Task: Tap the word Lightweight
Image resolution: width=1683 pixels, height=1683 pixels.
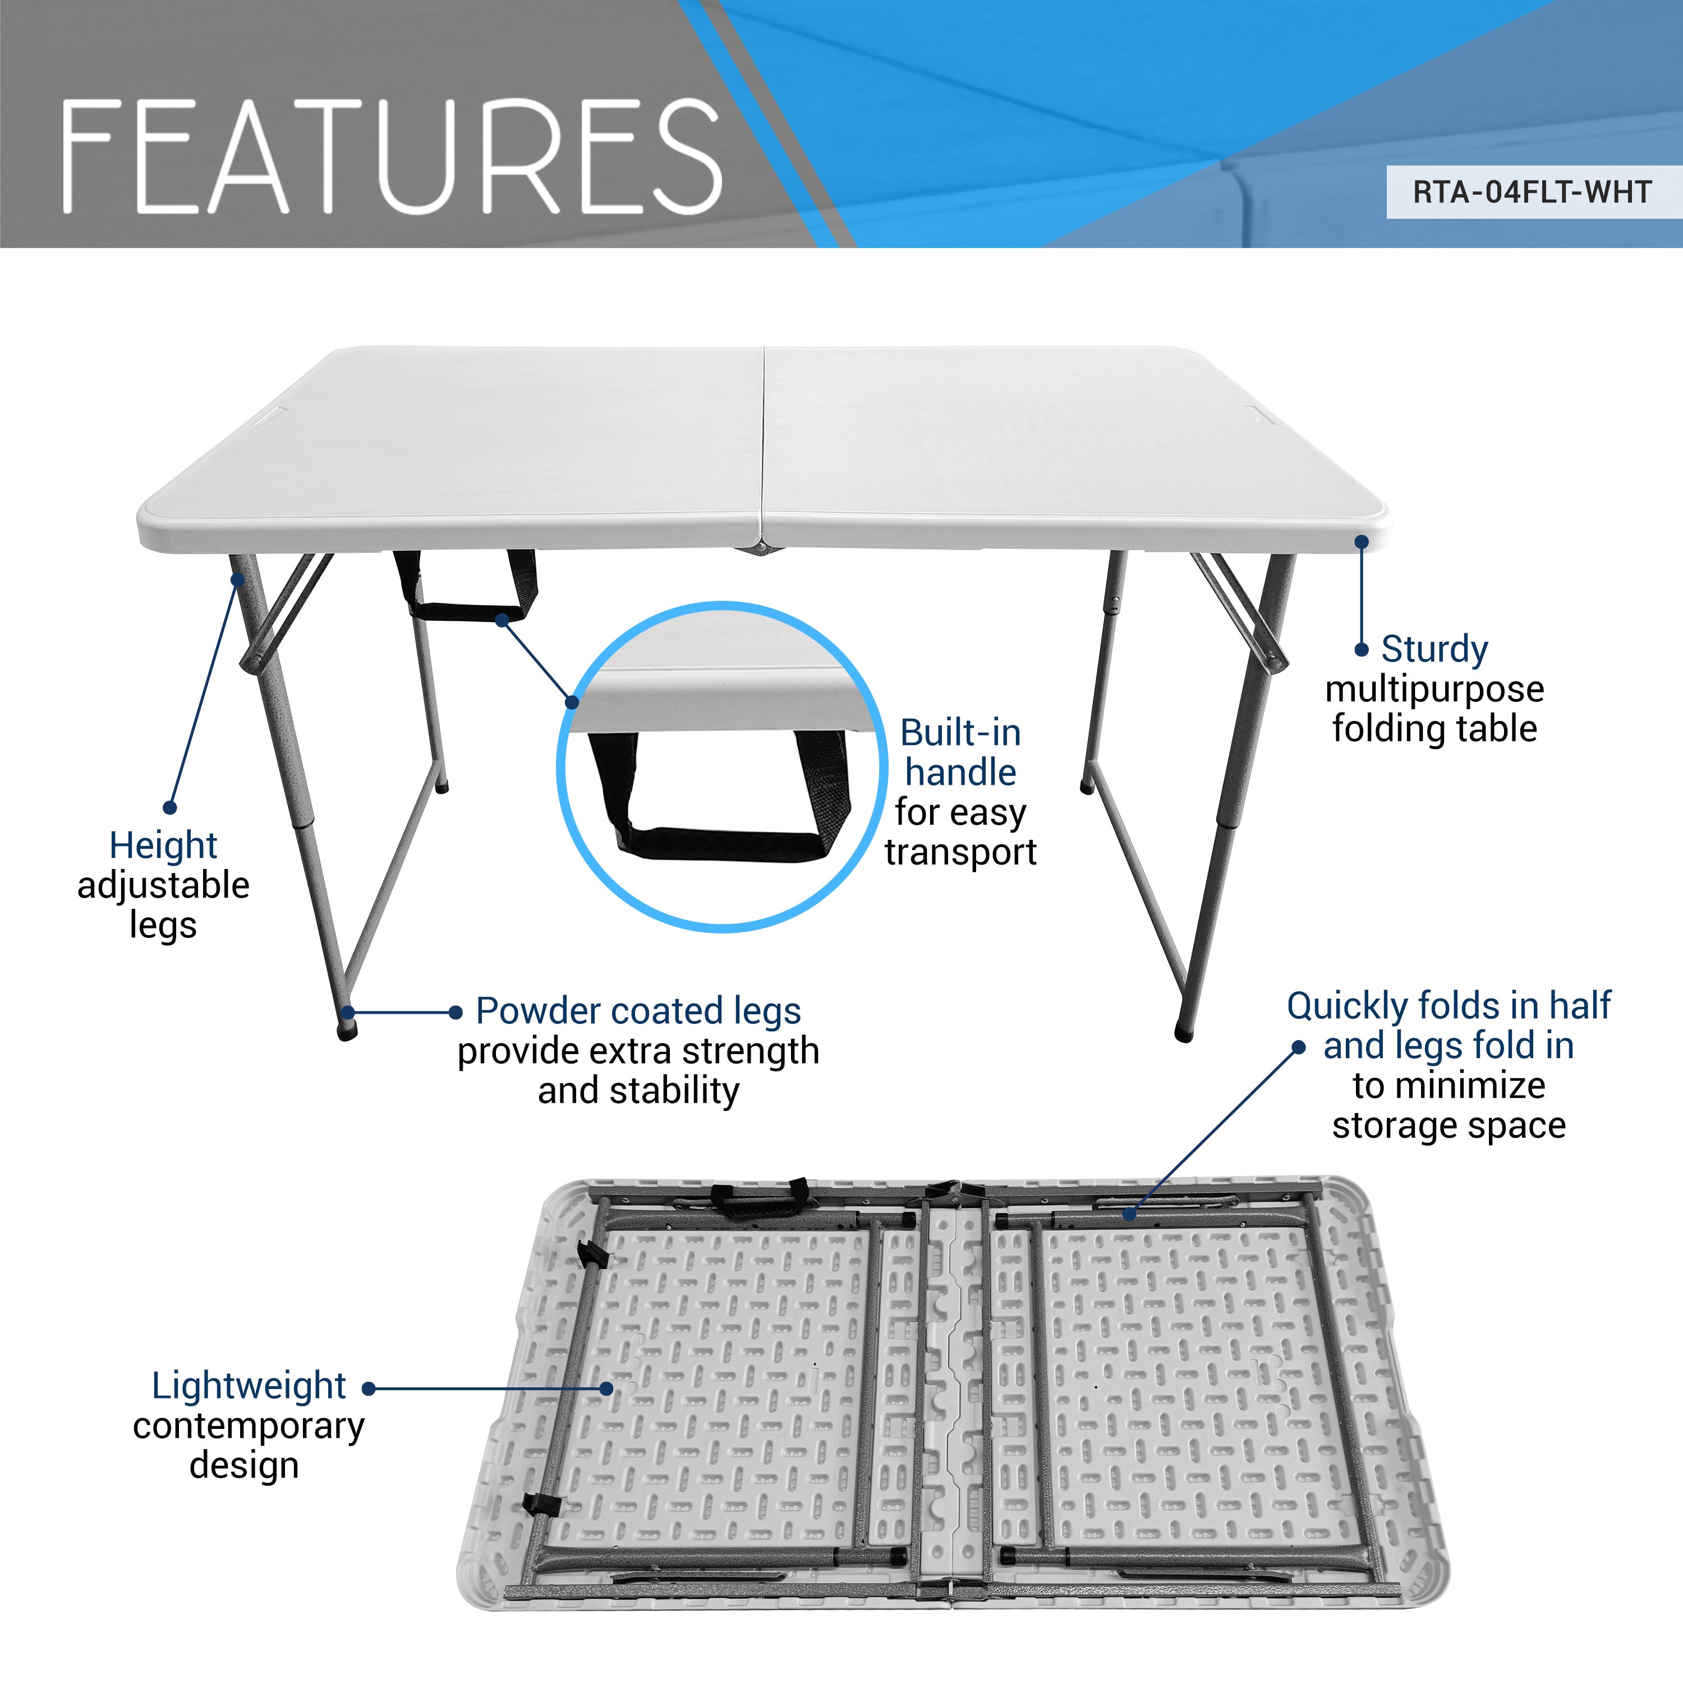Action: (x=249, y=1385)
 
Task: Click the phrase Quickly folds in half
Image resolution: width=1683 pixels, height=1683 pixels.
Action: (x=1449, y=1005)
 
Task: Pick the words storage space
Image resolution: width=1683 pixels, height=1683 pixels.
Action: (x=1449, y=1125)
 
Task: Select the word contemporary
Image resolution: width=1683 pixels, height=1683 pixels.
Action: (x=249, y=1425)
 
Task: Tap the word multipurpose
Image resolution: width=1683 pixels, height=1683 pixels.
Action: (x=1434, y=688)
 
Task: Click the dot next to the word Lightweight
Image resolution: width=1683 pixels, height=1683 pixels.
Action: (x=369, y=1388)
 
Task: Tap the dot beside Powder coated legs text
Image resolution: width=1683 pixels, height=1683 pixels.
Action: (x=455, y=1012)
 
